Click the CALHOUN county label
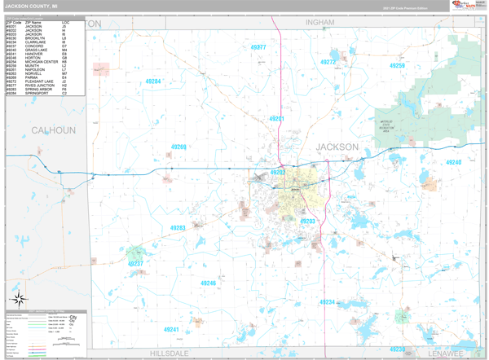pos(53,130)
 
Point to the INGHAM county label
pos(320,23)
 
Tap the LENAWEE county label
pos(445,353)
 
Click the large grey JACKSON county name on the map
pos(337,147)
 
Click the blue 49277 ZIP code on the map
pos(258,48)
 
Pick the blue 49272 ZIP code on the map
pos(328,62)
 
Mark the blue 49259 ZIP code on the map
pos(397,66)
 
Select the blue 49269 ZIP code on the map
pos(178,147)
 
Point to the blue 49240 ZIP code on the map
pos(453,162)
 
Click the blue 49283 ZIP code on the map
pos(177,228)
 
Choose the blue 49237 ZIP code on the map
pos(135,264)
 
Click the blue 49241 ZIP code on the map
pos(171,329)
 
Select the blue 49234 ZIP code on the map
pos(327,301)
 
